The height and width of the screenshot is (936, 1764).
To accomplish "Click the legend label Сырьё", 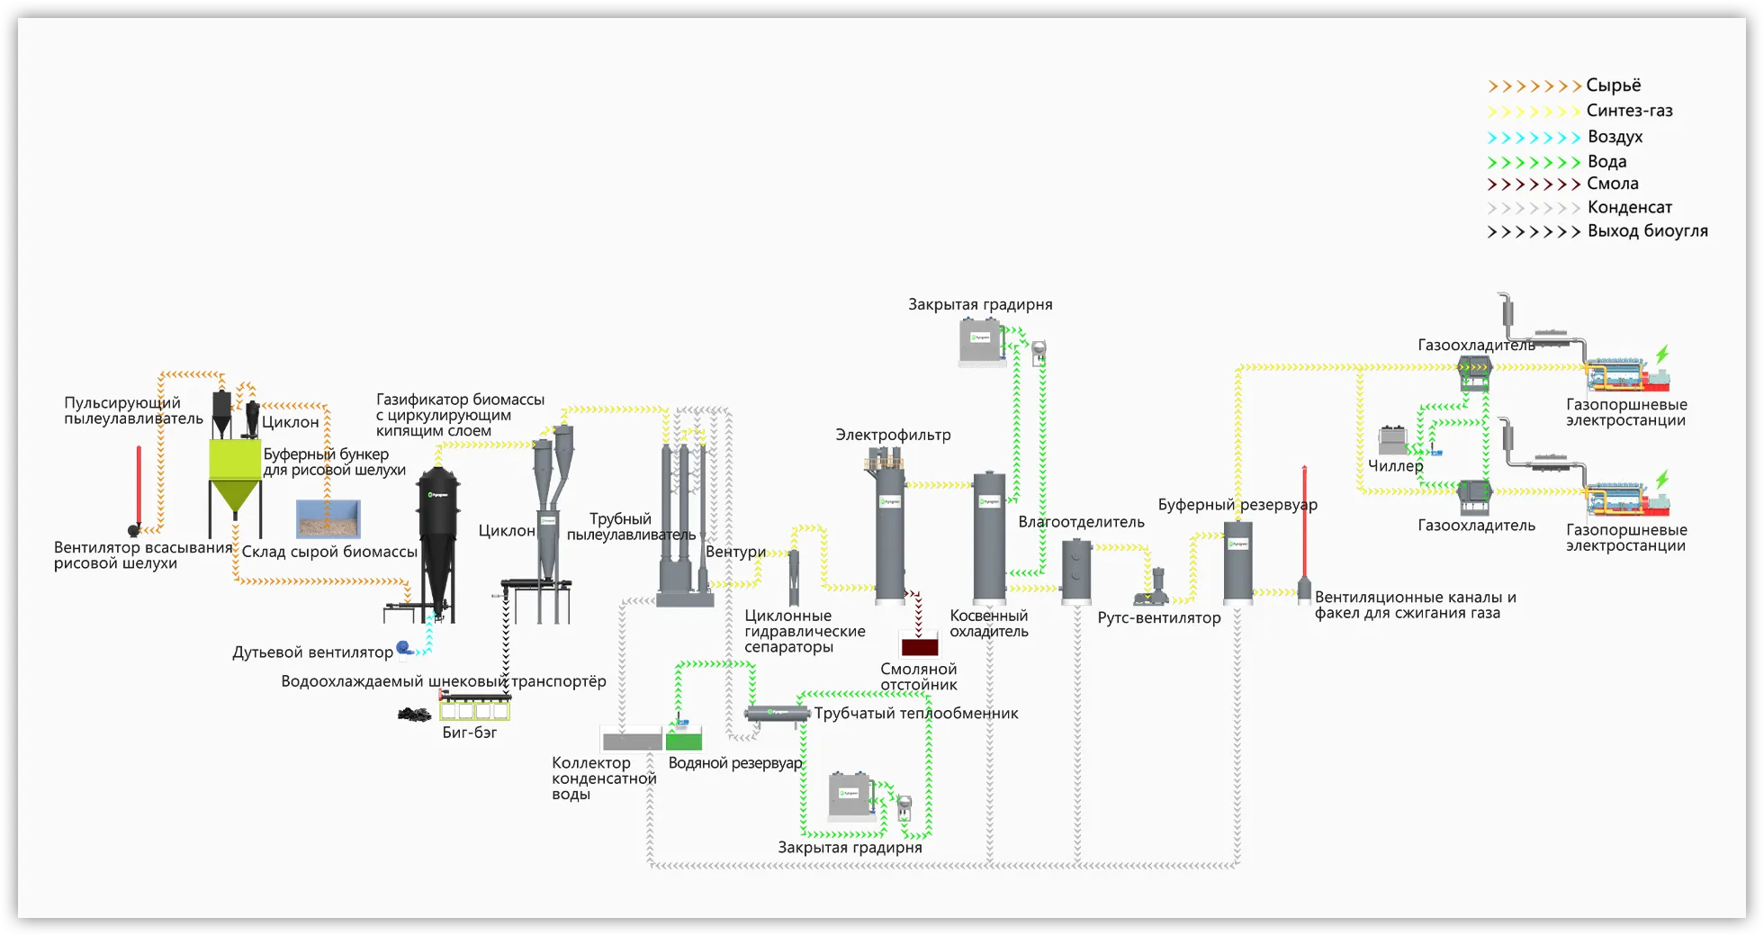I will [x=1613, y=85].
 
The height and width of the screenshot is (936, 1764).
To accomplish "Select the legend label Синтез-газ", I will [x=1629, y=111].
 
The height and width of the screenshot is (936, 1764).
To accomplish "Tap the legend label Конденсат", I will [x=1629, y=207].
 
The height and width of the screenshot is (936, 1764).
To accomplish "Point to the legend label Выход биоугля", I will [x=1647, y=231].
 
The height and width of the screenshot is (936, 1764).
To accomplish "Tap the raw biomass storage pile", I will [x=328, y=519].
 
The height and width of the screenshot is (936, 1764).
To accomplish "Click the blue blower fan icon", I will [x=404, y=647].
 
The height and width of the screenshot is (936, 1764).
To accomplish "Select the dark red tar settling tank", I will [x=919, y=646].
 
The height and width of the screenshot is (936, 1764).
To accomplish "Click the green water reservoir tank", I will [x=684, y=740].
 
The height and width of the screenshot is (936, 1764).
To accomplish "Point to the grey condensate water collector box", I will [x=632, y=742].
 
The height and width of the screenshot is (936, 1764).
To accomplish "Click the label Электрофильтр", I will [x=893, y=436].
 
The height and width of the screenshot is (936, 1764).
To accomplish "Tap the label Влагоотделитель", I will [x=1081, y=522].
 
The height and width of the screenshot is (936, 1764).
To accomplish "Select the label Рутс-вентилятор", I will [x=1158, y=618].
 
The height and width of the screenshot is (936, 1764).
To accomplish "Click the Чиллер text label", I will [x=1395, y=466].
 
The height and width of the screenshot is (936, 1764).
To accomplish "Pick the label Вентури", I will [x=735, y=552].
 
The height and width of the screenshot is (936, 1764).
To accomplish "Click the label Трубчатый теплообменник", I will [x=916, y=714].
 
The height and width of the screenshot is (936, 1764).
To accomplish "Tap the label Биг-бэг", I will [x=469, y=733].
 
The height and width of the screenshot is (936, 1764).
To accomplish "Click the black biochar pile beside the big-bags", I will [x=415, y=715].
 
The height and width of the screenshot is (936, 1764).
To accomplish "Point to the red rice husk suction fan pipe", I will [x=139, y=486].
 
